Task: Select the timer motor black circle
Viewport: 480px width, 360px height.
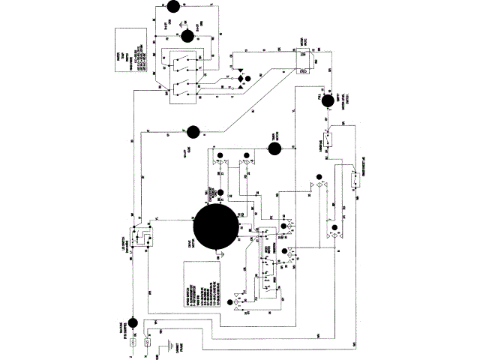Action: point(274,147)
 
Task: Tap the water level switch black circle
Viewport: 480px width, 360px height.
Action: point(327,103)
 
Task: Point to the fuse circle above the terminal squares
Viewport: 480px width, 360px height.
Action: point(133,324)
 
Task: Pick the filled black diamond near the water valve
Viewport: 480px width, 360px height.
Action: point(241,78)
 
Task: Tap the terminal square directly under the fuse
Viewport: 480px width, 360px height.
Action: point(133,342)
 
